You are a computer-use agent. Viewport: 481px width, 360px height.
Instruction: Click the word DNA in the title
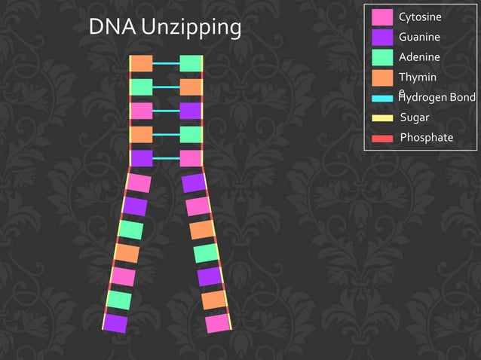click(x=112, y=27)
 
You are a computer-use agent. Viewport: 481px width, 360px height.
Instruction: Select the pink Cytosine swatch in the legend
click(x=382, y=17)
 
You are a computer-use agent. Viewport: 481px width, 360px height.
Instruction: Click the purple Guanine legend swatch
click(x=382, y=38)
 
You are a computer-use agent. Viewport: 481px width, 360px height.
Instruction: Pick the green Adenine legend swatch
click(x=382, y=57)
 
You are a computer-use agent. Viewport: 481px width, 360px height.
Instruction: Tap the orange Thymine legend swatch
click(x=382, y=78)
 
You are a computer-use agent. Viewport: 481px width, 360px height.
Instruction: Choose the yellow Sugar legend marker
click(x=382, y=118)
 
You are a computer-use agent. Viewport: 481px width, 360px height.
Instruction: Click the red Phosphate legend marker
click(x=382, y=138)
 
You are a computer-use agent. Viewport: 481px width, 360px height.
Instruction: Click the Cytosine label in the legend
click(x=420, y=17)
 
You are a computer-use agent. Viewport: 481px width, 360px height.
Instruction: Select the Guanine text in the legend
click(x=419, y=38)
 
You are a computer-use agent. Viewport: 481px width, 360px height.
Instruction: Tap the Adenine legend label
click(x=419, y=57)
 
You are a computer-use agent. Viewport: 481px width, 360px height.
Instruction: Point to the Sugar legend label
click(x=415, y=117)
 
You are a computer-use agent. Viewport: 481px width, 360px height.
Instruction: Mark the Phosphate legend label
click(x=427, y=138)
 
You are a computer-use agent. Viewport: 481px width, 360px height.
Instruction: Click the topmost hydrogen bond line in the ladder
click(x=166, y=64)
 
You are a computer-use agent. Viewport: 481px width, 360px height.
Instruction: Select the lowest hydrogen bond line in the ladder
click(x=166, y=158)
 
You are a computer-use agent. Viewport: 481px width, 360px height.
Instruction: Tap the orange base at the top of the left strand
click(x=142, y=63)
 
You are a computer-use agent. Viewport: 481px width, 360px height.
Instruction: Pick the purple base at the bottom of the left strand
click(x=115, y=323)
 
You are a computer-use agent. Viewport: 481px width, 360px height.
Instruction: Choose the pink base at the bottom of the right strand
click(x=217, y=323)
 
